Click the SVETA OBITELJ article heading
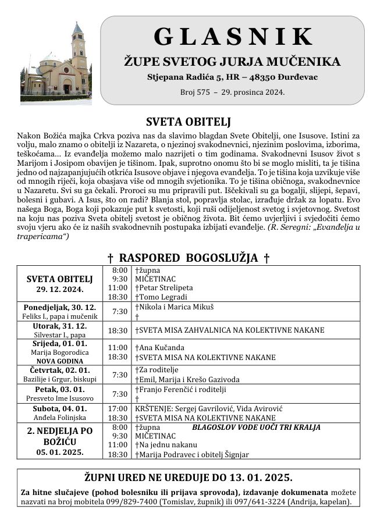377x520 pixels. click(188, 122)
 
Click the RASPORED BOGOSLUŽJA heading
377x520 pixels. click(189, 258)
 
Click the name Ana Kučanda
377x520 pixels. click(157, 347)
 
